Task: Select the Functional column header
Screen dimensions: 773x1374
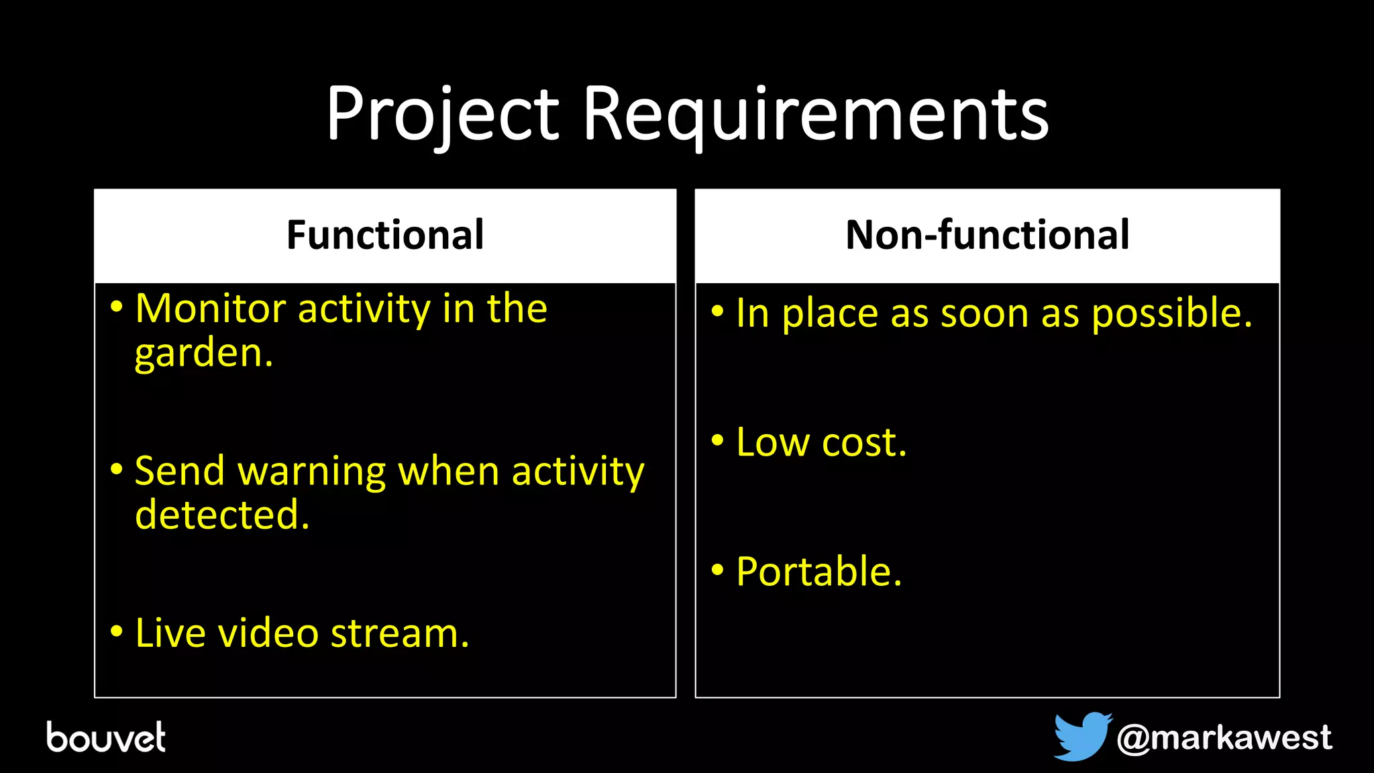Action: [x=385, y=235]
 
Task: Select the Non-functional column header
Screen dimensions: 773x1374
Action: [x=987, y=235]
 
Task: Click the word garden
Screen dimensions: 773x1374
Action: [x=203, y=354]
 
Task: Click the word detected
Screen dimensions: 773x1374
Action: [x=222, y=515]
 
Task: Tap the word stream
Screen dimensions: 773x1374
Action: [x=399, y=633]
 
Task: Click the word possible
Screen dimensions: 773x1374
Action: [x=1171, y=313]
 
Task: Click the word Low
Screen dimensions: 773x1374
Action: [x=772, y=442]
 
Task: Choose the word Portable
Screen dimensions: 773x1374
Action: [x=818, y=572]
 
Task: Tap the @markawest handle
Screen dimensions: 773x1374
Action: [x=1224, y=737]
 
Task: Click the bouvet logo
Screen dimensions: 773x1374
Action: [x=106, y=737]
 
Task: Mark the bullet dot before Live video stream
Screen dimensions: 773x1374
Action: [x=117, y=631]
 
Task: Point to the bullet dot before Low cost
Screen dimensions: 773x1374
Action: [x=717, y=441]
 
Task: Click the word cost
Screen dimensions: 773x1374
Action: [x=864, y=444]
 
